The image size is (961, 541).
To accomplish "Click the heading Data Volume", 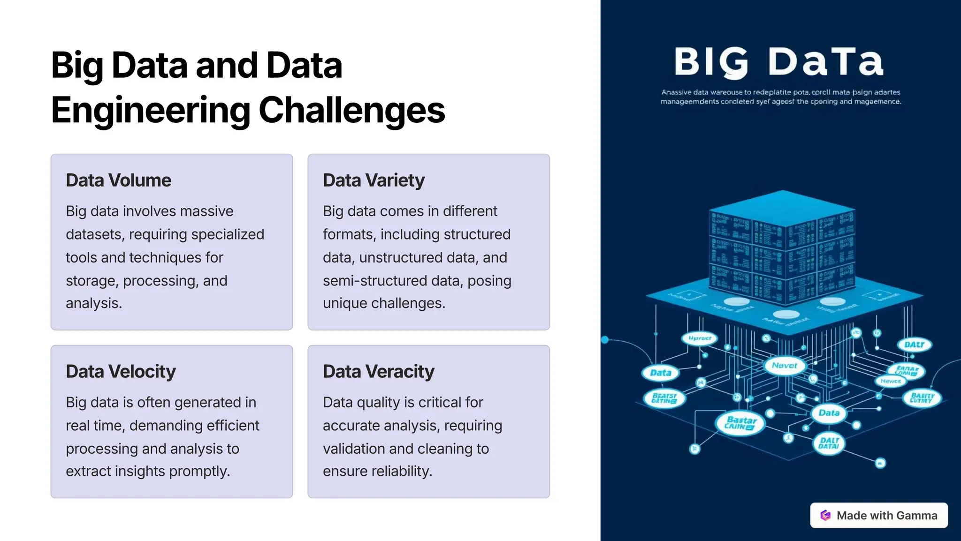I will [x=118, y=180].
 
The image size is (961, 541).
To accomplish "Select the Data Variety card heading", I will [x=374, y=180].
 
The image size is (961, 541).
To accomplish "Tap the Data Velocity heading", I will [x=121, y=371].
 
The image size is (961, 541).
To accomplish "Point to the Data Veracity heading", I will [x=378, y=371].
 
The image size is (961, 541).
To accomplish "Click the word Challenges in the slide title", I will [x=351, y=110].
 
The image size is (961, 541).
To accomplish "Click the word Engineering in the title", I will [x=151, y=110].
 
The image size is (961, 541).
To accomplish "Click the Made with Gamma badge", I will [x=879, y=515].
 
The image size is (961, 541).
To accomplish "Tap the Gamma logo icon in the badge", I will [x=825, y=515].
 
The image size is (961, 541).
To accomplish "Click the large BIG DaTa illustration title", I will [x=779, y=62].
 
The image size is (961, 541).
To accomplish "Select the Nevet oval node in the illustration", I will [x=784, y=365].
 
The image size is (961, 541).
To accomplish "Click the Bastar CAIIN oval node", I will [x=740, y=423].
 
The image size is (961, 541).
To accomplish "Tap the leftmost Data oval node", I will [x=661, y=373].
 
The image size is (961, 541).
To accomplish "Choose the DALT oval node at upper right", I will [x=914, y=345].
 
